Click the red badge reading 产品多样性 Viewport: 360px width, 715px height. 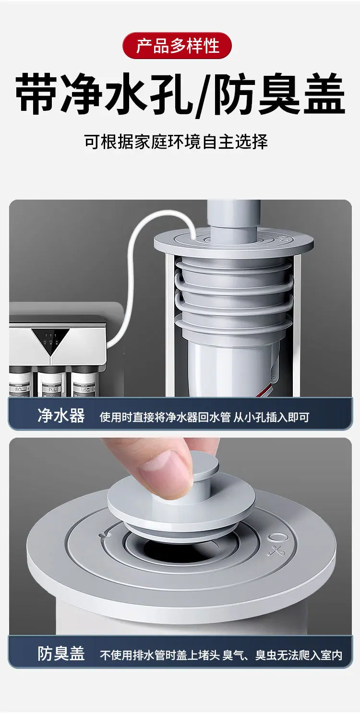(177, 45)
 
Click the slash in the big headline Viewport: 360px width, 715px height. (202, 95)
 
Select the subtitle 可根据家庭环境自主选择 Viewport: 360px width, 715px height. (176, 142)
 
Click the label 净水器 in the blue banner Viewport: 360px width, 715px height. (61, 416)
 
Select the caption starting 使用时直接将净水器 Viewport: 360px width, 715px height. (204, 417)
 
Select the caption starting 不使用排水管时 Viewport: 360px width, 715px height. (221, 655)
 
